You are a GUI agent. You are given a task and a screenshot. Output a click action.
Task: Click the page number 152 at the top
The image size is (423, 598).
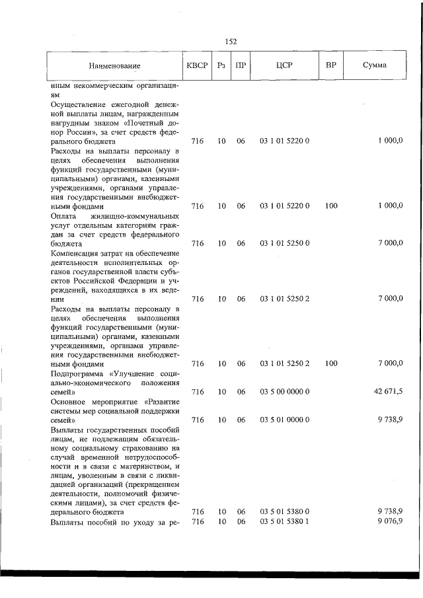(231, 42)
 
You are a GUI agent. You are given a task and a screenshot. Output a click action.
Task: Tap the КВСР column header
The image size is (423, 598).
(196, 65)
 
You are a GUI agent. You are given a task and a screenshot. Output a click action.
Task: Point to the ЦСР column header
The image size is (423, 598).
(285, 65)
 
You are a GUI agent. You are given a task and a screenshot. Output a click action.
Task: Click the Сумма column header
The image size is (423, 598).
(375, 65)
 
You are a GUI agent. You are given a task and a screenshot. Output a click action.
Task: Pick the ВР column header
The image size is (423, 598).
(331, 65)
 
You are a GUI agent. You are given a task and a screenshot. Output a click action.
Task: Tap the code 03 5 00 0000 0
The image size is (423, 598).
(285, 392)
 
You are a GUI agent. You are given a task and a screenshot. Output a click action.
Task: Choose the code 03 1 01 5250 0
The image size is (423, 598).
(285, 243)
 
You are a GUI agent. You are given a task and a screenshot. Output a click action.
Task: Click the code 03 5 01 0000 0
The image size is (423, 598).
(285, 420)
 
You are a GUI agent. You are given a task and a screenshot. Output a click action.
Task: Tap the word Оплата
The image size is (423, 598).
(63, 215)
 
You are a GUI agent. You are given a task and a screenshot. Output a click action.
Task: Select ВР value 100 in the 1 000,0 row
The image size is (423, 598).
(331, 206)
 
